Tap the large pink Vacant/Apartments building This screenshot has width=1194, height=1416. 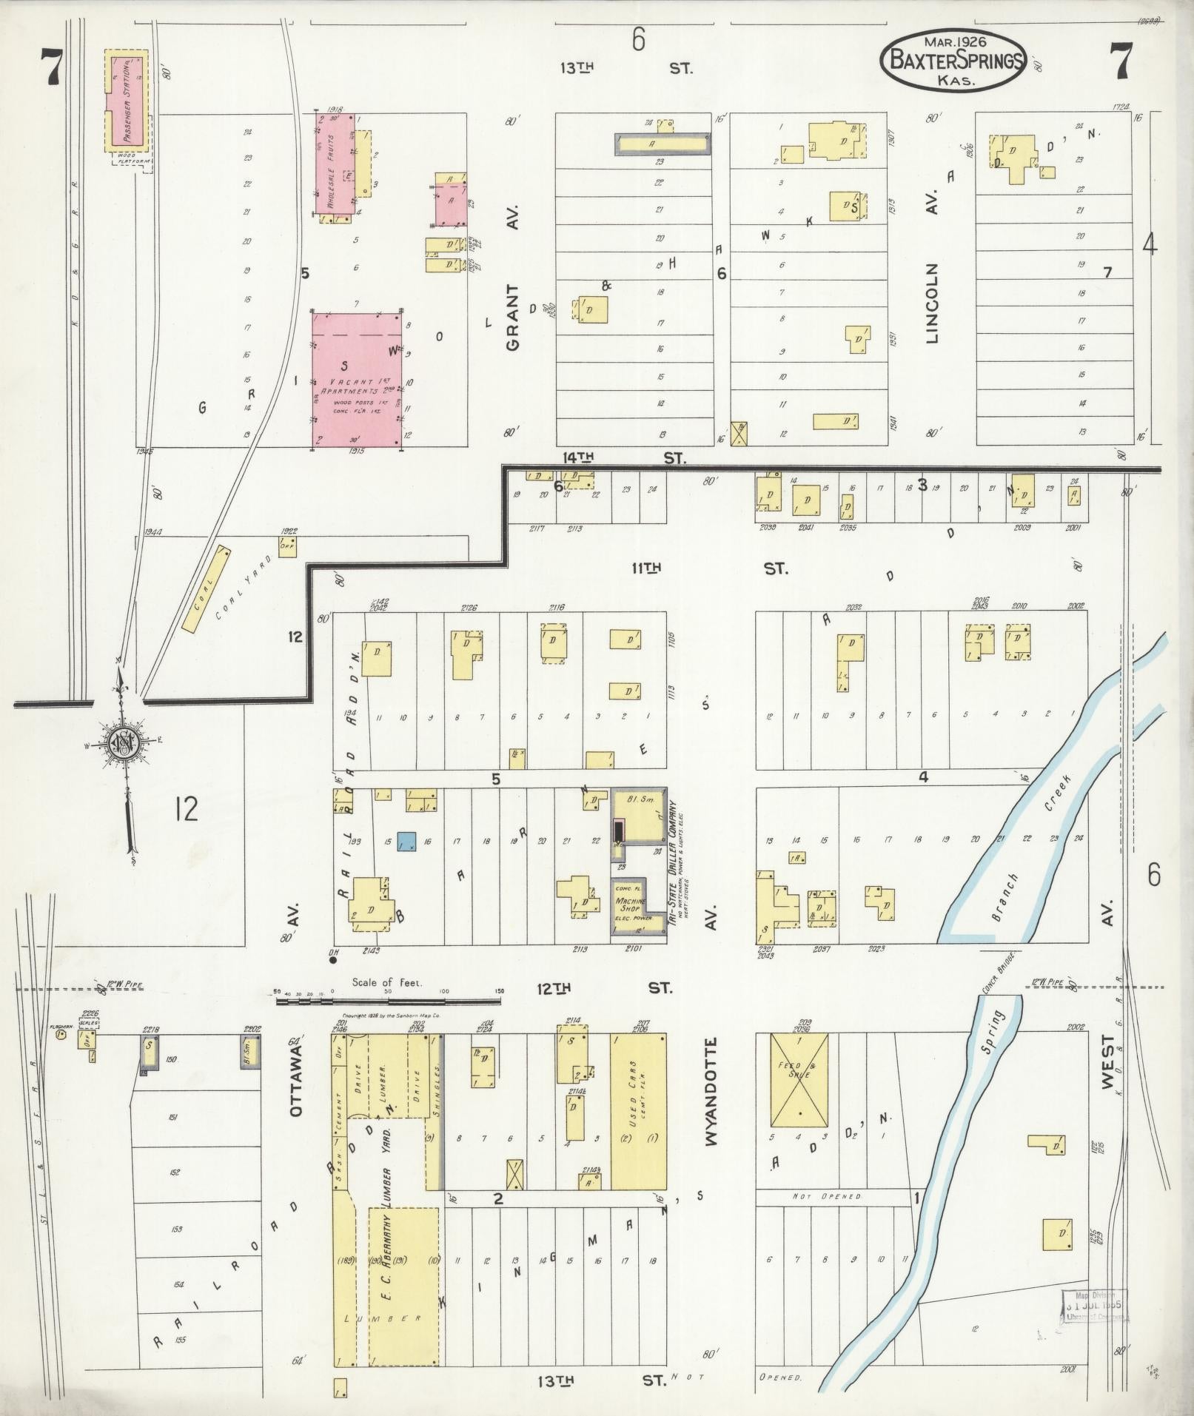click(358, 380)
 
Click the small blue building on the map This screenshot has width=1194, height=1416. click(406, 842)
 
